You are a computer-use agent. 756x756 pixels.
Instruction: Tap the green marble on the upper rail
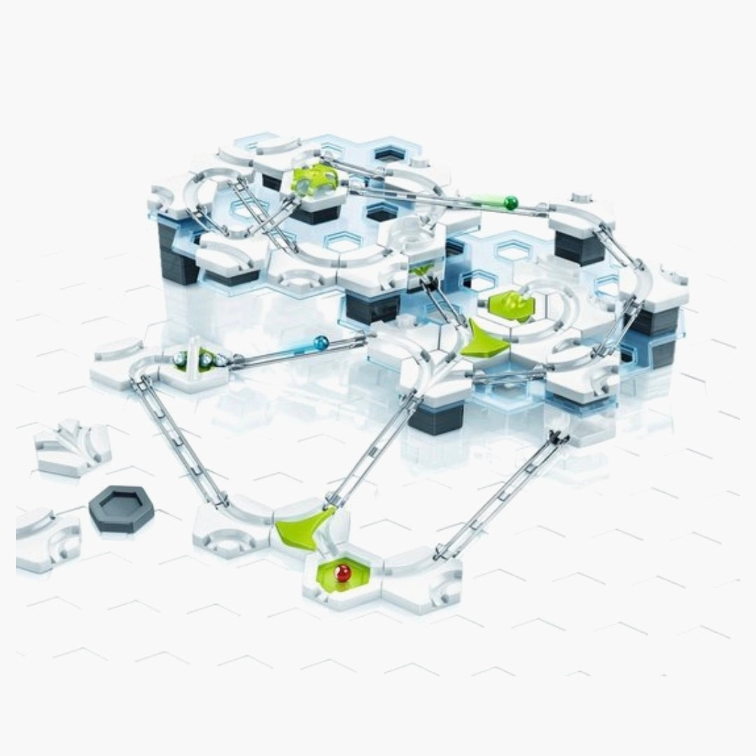click(510, 203)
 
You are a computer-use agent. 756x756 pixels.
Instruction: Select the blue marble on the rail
click(321, 343)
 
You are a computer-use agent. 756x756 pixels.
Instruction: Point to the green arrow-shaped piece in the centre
click(485, 340)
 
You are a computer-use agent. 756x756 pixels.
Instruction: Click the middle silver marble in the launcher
click(206, 359)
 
